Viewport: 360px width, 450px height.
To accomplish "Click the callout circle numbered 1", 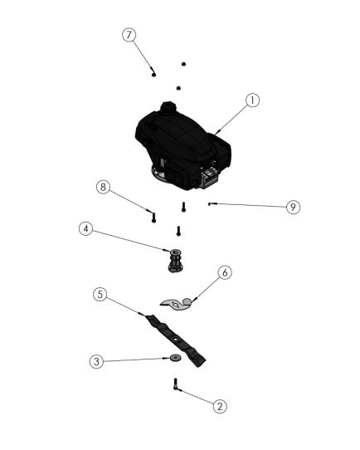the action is pos(252,100).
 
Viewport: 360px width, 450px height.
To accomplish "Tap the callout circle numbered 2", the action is pos(220,406).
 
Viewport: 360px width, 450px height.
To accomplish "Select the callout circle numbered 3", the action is pos(96,361).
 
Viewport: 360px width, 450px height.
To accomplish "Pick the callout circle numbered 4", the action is pos(85,228).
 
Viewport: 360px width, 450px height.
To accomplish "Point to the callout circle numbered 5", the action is pos(100,294).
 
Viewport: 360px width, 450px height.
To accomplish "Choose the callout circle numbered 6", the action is pos(225,272).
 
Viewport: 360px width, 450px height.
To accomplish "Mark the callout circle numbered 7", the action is pos(129,35).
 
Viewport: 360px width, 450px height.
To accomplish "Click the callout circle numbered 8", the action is pos(103,187).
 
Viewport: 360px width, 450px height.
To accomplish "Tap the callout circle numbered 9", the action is pos(293,207).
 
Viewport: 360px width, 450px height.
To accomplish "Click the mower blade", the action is pos(175,340).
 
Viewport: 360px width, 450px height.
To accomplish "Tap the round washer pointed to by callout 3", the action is pos(175,358).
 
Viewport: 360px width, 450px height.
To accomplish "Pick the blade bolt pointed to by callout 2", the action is pos(175,384).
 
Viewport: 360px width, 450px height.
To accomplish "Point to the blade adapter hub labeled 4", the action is pos(175,261).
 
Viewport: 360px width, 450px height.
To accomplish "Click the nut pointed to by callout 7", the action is pos(153,75).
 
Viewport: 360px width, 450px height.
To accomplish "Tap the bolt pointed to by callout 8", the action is pos(153,218).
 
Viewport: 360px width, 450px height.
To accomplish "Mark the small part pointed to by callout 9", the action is pos(210,204).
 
